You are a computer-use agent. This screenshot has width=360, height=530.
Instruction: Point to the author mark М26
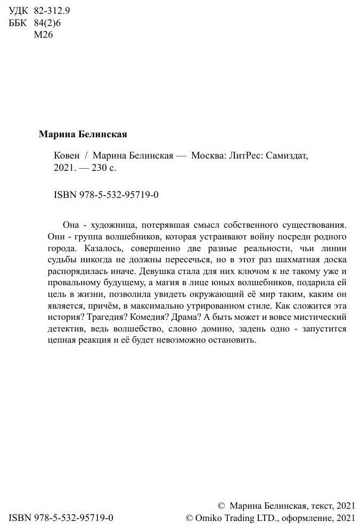(44, 35)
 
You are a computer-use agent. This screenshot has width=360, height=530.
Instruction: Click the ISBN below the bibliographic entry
(107, 195)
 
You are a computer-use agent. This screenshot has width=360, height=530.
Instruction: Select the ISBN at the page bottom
(62, 517)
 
